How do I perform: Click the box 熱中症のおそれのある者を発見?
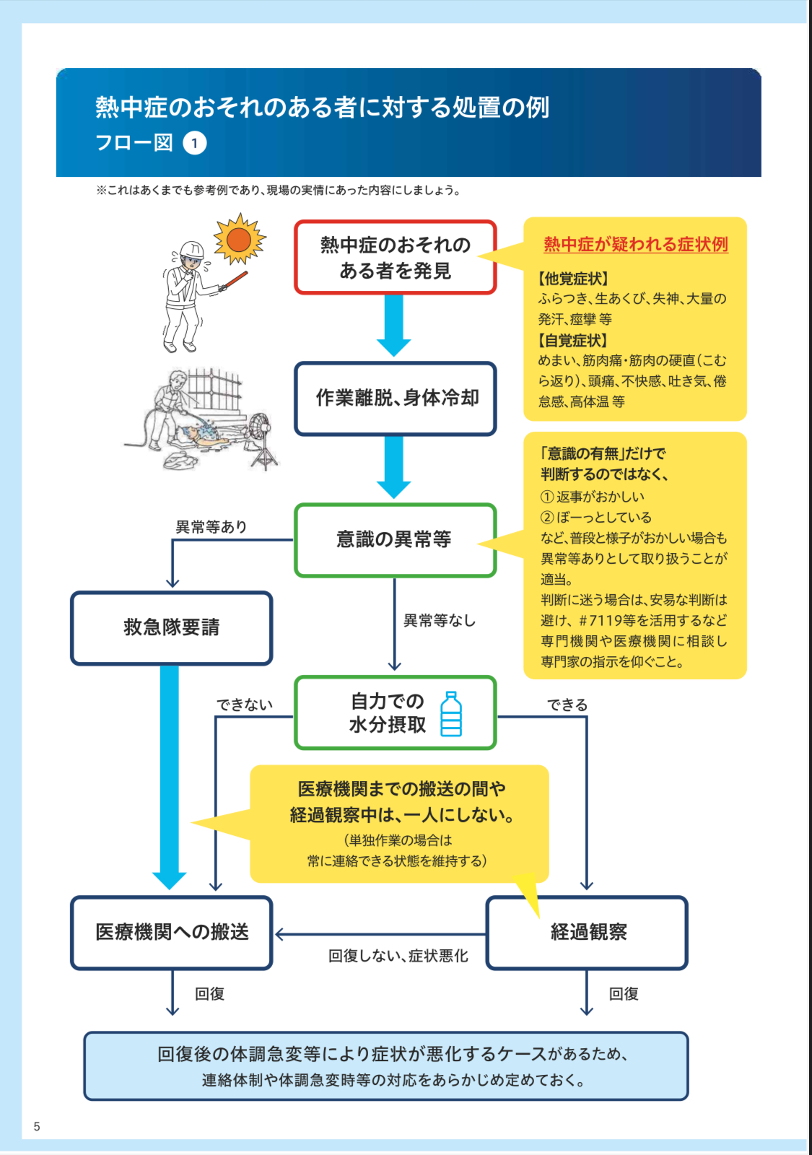pos(395,258)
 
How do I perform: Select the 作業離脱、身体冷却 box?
pos(395,398)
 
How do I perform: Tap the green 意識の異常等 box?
pos(395,540)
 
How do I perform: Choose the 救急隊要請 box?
pos(171,627)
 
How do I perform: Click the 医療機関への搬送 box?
pos(171,932)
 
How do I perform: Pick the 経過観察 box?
pos(587,932)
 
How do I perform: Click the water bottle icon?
pos(451,713)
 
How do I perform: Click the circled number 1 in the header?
pos(194,143)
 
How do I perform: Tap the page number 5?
pos(37,1126)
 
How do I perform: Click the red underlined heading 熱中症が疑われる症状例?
pos(635,245)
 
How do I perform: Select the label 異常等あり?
pos(211,527)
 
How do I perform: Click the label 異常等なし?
pos(439,620)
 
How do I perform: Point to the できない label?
pos(245,705)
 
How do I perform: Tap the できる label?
pos(567,705)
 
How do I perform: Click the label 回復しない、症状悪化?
pos(398,956)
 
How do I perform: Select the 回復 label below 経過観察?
pos(624,994)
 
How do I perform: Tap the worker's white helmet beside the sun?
pos(191,250)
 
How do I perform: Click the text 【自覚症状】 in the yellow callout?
pos(573,340)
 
